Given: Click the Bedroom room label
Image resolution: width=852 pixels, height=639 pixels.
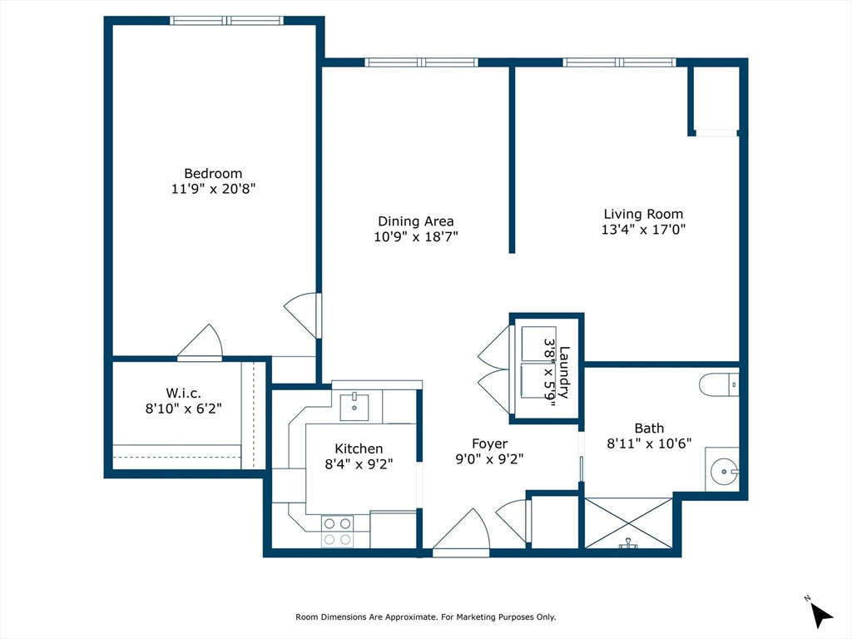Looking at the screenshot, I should click(213, 173).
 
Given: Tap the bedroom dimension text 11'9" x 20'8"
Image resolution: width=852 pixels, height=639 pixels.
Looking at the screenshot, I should click(213, 189).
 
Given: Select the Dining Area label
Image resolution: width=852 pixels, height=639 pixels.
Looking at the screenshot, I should click(416, 221).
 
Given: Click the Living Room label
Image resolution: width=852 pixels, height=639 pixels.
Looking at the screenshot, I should click(643, 214).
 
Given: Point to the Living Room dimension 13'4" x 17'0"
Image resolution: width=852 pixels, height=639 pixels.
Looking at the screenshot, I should click(643, 230).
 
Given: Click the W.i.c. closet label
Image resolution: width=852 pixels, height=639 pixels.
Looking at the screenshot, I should click(184, 393).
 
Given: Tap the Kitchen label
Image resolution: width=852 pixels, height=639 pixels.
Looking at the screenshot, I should click(359, 448).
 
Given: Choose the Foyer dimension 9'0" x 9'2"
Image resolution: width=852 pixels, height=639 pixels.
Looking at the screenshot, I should click(489, 459).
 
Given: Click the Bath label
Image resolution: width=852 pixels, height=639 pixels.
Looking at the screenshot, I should click(649, 428).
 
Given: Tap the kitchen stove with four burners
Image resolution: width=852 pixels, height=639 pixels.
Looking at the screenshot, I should click(338, 531).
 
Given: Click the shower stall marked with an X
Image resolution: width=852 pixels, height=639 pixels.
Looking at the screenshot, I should click(629, 523).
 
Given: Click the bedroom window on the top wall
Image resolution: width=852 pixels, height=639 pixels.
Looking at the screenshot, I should click(227, 21).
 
